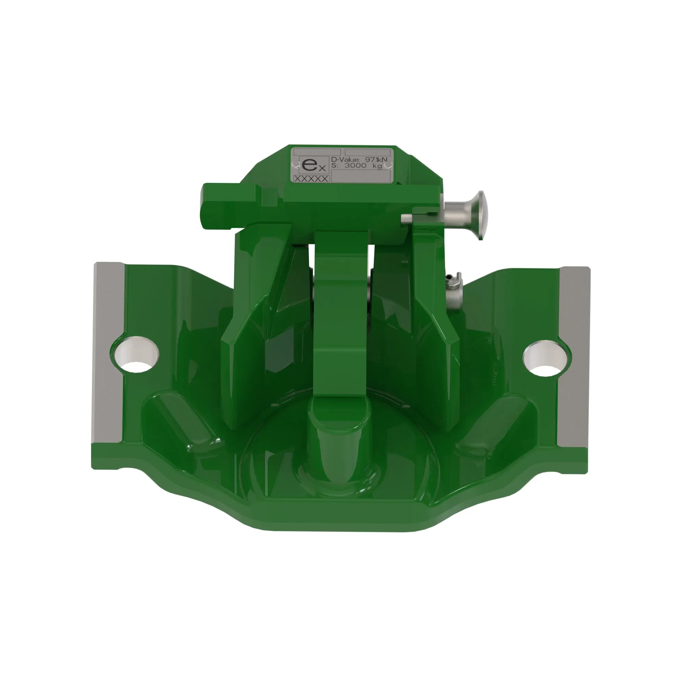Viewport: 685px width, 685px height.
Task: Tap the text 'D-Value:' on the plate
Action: point(345,160)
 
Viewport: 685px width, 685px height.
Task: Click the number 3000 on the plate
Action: point(356,165)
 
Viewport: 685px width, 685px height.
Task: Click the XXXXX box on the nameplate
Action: point(311,179)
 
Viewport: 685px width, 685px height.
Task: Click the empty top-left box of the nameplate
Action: point(312,152)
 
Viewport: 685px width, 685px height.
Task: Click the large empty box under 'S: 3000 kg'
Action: point(362,176)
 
